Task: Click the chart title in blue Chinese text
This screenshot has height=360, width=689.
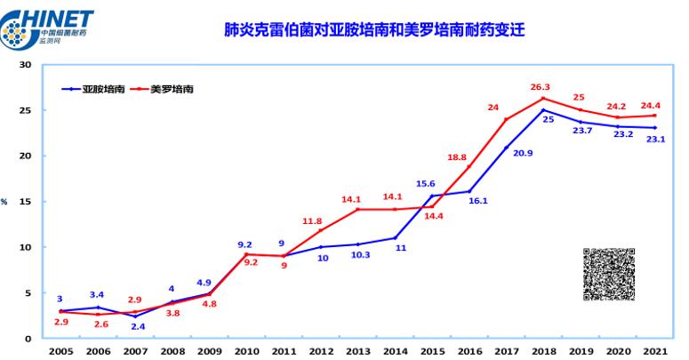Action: coord(374,29)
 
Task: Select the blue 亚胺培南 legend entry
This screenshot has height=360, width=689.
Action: coord(93,89)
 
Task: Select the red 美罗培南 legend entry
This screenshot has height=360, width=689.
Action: coord(162,89)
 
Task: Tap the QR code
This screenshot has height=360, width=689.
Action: coord(609,275)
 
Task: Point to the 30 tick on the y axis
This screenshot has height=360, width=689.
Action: coord(26,65)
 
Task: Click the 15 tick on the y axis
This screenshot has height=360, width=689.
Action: coord(26,201)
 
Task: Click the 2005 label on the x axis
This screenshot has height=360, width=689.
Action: coord(60,351)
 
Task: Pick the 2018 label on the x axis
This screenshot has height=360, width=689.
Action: coord(543,351)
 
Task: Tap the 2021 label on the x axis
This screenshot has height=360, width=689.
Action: coord(655,351)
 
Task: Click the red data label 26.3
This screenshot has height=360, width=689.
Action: coord(540,87)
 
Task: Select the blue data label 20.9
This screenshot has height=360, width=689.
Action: coord(523,153)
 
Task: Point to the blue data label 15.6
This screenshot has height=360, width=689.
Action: coord(425,184)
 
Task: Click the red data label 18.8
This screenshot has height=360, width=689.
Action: coord(457,157)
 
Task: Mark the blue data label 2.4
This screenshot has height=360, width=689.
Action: coord(138,326)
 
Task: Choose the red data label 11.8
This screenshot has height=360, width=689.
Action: coord(312,221)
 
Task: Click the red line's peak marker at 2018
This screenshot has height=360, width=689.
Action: coord(543,98)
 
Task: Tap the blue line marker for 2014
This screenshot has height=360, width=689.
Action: coord(395,238)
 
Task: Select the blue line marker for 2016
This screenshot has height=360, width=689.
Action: coord(469,191)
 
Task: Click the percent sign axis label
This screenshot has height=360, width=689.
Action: coord(4,202)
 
